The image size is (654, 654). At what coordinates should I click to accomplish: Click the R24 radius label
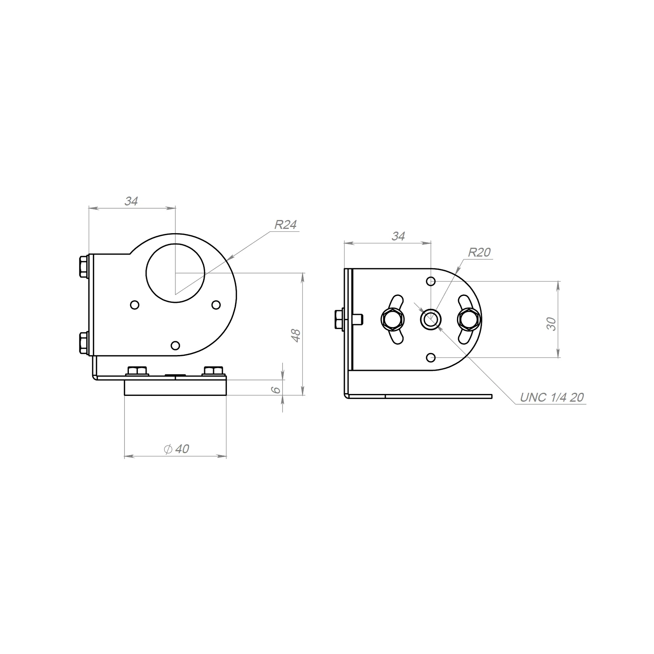point(285,225)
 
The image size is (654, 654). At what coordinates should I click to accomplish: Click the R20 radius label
point(479,253)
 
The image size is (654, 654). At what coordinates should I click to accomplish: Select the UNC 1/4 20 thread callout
point(552,397)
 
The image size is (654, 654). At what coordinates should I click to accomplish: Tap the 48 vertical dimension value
point(296,335)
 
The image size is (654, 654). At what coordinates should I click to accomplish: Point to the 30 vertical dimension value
point(551,324)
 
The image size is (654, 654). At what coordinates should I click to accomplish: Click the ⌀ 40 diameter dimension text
point(176,449)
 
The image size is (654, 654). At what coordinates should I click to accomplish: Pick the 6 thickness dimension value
point(276,390)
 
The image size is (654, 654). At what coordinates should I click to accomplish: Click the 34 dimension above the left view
point(131,201)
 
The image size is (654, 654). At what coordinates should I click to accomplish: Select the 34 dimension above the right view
point(398,236)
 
